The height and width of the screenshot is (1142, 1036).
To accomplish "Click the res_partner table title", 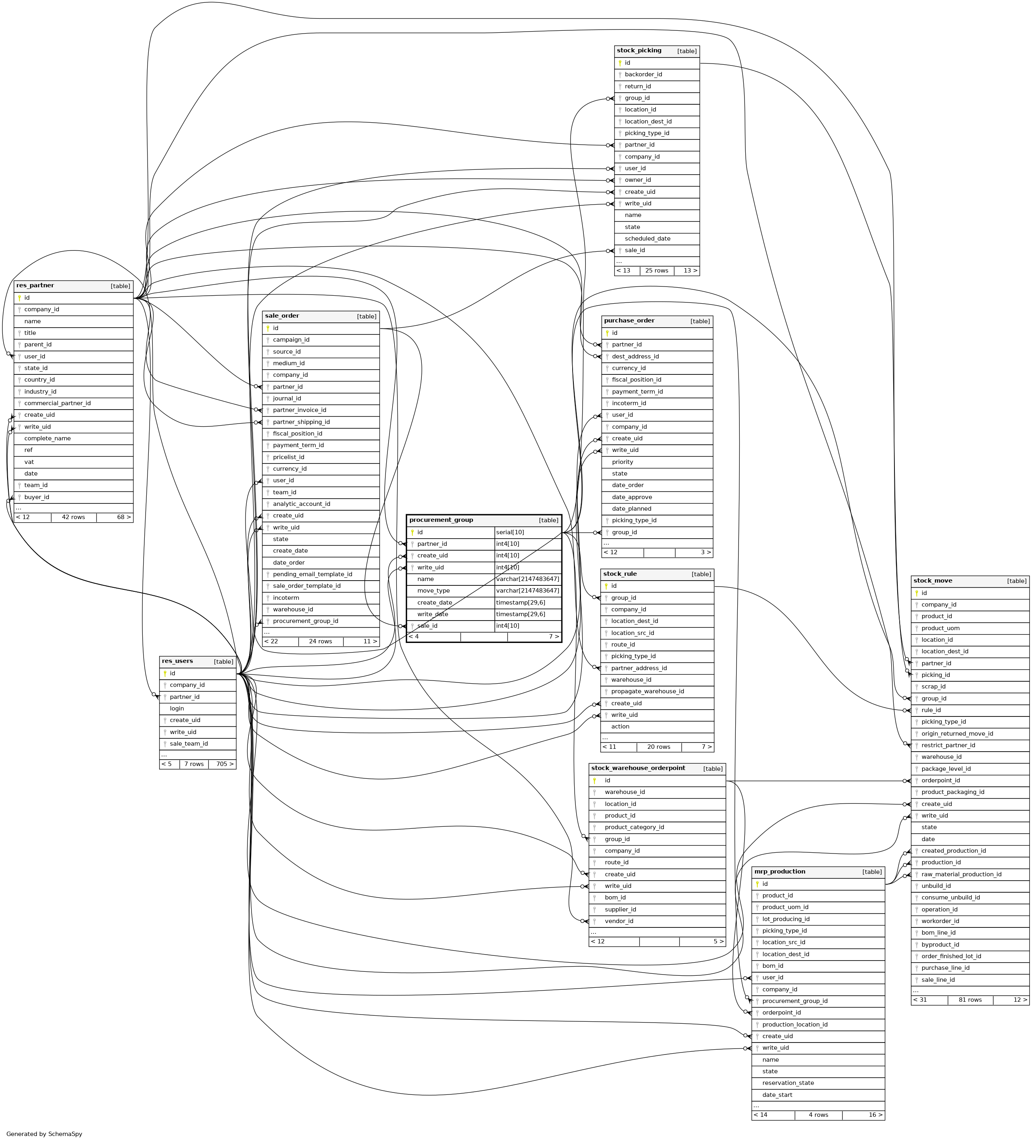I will (x=35, y=285).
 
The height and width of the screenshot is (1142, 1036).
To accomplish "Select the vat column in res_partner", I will (x=30, y=462).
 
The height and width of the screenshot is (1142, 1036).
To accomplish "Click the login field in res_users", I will (x=177, y=708).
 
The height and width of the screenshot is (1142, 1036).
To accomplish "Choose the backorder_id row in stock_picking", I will (x=643, y=75).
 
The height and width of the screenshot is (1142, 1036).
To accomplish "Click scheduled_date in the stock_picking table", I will (x=647, y=239).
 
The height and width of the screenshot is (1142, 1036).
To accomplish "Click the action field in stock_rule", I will (x=620, y=726).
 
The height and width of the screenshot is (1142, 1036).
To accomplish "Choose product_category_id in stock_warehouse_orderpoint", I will (x=634, y=827).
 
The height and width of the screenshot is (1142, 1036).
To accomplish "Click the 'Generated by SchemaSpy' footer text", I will (x=44, y=1134).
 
